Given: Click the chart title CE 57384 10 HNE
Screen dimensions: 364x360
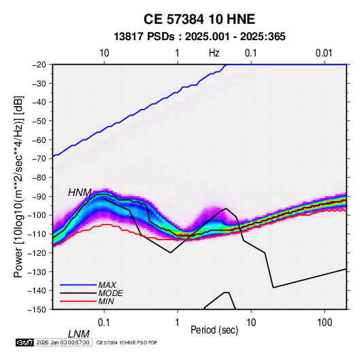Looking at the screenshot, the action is pyautogui.click(x=199, y=19).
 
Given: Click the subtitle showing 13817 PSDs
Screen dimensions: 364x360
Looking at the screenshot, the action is pyautogui.click(x=199, y=37).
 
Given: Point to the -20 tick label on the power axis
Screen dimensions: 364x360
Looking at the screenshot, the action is pyautogui.click(x=39, y=65).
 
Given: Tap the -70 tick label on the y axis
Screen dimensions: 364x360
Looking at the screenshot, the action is pyautogui.click(x=39, y=159).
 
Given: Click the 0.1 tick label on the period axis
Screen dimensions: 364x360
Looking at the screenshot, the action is pyautogui.click(x=104, y=323).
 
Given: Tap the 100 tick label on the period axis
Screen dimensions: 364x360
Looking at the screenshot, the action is pyautogui.click(x=325, y=323).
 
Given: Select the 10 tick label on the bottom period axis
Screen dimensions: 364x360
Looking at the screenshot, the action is pyautogui.click(x=251, y=323).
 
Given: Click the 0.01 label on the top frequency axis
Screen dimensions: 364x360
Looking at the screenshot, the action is pyautogui.click(x=324, y=53).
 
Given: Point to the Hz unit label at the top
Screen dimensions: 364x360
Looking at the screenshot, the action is pyautogui.click(x=214, y=53).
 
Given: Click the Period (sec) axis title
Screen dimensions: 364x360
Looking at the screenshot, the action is pyautogui.click(x=214, y=330).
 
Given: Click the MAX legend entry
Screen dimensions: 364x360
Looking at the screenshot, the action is pyautogui.click(x=107, y=285).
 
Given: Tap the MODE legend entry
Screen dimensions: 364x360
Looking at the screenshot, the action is pyautogui.click(x=110, y=293).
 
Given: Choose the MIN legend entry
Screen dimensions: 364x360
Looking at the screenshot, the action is pyautogui.click(x=106, y=301).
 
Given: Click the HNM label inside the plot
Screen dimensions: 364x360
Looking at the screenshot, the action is pyautogui.click(x=80, y=193).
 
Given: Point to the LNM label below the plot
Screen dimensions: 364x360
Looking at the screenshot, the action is pyautogui.click(x=79, y=334).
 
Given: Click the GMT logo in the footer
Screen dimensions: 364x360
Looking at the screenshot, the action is pyautogui.click(x=25, y=342).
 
